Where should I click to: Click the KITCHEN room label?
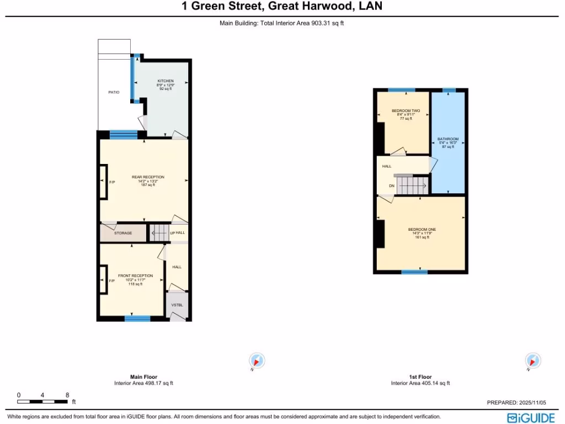pyautogui.click(x=166, y=81)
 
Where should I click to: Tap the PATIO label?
pyautogui.click(x=113, y=92)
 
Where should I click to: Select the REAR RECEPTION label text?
pyautogui.click(x=148, y=177)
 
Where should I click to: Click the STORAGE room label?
pyautogui.click(x=123, y=233)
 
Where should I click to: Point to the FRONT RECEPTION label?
pyautogui.click(x=135, y=275)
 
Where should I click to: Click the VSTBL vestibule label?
pyautogui.click(x=177, y=305)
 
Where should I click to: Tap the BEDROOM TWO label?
pyautogui.click(x=406, y=111)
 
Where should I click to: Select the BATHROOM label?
pyautogui.click(x=447, y=139)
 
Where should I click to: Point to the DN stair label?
pyautogui.click(x=392, y=186)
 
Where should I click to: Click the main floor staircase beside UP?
pyautogui.click(x=159, y=232)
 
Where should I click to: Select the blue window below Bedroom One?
pyautogui.click(x=414, y=272)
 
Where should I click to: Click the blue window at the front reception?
pyautogui.click(x=137, y=318)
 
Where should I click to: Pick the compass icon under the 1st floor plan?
pyautogui.click(x=532, y=361)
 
